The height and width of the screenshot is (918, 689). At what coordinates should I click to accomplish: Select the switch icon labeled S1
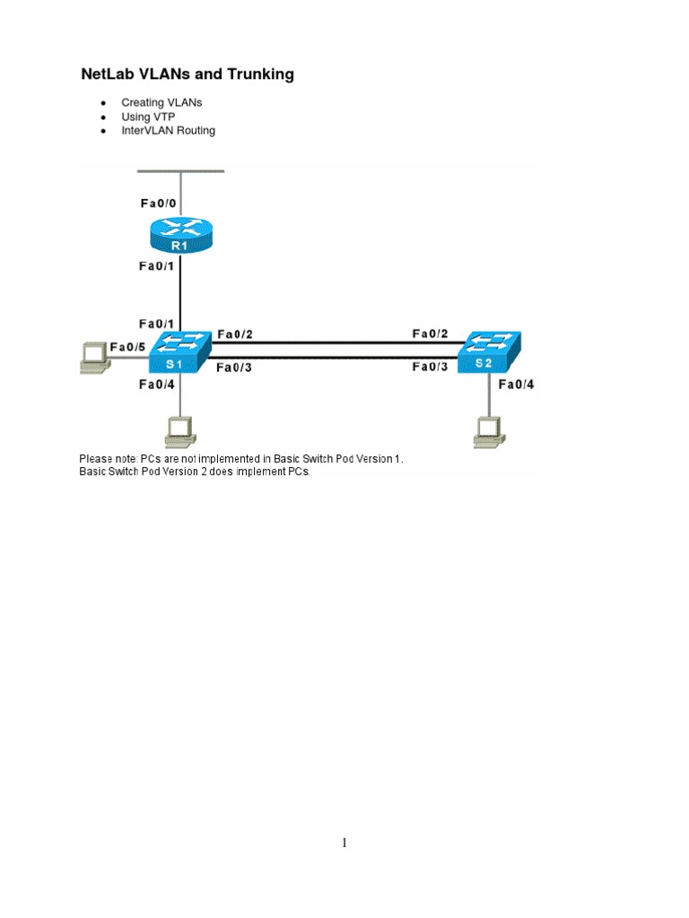(x=177, y=352)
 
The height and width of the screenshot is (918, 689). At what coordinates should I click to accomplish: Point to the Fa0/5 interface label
(x=127, y=346)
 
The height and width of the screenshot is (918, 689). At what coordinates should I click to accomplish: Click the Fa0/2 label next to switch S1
(x=234, y=334)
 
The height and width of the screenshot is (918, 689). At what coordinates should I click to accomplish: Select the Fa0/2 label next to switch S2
(x=431, y=333)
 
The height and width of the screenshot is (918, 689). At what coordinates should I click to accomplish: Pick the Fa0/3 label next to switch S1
(x=234, y=368)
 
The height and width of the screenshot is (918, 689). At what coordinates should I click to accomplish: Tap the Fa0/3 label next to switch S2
(x=431, y=366)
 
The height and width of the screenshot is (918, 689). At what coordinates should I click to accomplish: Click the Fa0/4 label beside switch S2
(x=516, y=385)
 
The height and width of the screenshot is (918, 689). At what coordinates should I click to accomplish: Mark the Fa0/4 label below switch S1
(x=157, y=385)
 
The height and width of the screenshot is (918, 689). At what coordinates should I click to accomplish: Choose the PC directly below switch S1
(x=180, y=432)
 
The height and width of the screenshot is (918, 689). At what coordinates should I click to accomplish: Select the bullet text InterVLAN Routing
(x=168, y=131)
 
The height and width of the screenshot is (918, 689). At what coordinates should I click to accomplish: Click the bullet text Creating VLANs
(x=161, y=103)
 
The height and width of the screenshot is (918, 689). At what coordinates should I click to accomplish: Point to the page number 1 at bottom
(x=344, y=843)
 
